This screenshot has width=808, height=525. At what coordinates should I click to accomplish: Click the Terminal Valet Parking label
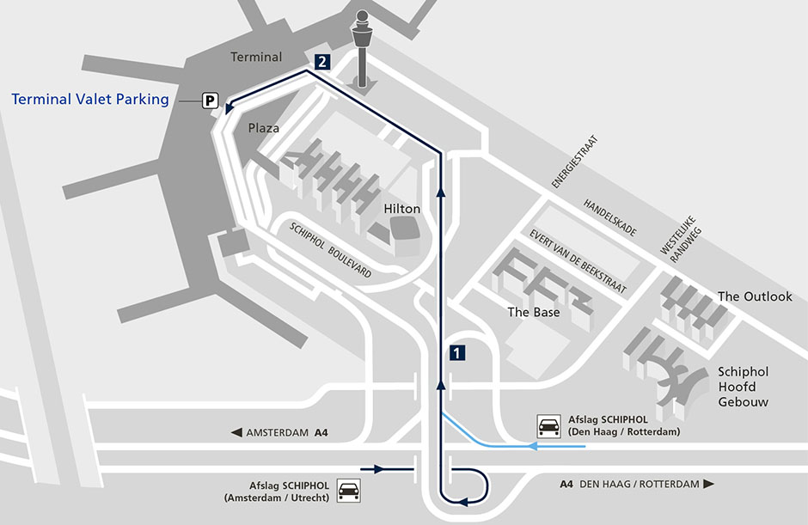90,99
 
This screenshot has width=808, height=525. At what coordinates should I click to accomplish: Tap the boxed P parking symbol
209,101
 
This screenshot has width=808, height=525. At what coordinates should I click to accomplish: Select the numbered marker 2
321,62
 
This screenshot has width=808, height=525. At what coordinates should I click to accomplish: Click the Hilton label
401,209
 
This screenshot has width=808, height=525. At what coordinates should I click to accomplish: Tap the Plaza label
264,128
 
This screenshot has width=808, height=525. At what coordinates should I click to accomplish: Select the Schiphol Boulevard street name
331,250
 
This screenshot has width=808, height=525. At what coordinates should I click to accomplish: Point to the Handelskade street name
609,218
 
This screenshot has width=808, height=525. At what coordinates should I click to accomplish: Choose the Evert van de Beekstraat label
578,261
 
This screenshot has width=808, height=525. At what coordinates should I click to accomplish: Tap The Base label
533,312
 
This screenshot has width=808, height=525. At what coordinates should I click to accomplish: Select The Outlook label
755,296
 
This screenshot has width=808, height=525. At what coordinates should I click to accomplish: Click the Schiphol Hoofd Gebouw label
744,387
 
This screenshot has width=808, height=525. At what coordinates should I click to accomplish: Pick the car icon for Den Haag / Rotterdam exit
547,426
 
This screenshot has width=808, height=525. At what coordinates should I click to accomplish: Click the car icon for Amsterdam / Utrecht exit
348,491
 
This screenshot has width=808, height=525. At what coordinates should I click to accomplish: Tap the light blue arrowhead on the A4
533,447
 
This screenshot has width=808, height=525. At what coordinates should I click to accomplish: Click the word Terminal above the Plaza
256,57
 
